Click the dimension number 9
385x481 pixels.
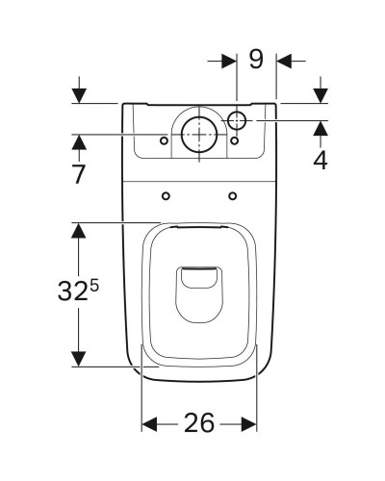[256, 60]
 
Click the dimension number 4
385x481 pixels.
[320, 160]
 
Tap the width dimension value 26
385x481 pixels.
[199, 424]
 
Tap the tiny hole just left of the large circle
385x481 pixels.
[166, 140]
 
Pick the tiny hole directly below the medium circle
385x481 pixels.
[234, 140]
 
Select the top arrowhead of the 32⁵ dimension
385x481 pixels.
[79, 231]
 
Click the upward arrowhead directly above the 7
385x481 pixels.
[79, 143]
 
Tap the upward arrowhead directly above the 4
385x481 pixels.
[320, 126]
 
